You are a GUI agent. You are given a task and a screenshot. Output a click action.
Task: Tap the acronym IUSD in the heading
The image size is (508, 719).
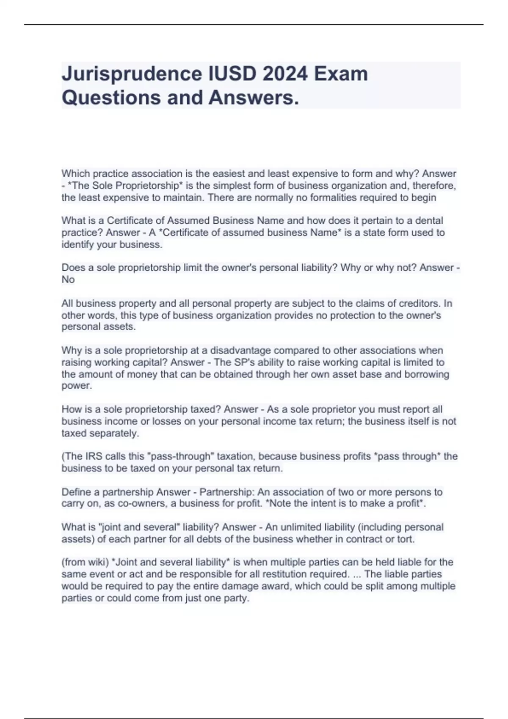232,74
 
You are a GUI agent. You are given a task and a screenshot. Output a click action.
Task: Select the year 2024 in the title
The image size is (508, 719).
285,74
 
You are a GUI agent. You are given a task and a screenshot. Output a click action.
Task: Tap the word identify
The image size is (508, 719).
78,244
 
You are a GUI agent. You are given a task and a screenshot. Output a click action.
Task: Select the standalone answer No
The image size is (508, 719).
68,280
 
